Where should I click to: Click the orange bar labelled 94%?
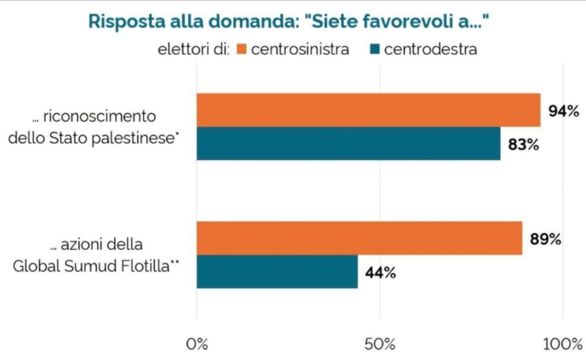[x=369, y=110]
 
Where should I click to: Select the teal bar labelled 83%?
[x=348, y=144]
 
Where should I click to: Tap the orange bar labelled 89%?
[x=359, y=238]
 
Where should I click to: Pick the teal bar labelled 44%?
[x=277, y=271]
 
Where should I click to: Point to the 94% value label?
[x=563, y=111]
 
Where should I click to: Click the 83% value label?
[x=523, y=145]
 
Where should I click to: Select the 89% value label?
[x=545, y=239]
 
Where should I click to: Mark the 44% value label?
[x=380, y=272]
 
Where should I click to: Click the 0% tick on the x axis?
[x=197, y=343]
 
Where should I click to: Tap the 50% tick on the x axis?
[x=381, y=343]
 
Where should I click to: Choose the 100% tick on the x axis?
[x=563, y=343]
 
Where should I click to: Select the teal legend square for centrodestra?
[x=374, y=49]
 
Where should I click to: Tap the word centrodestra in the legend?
[x=430, y=49]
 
